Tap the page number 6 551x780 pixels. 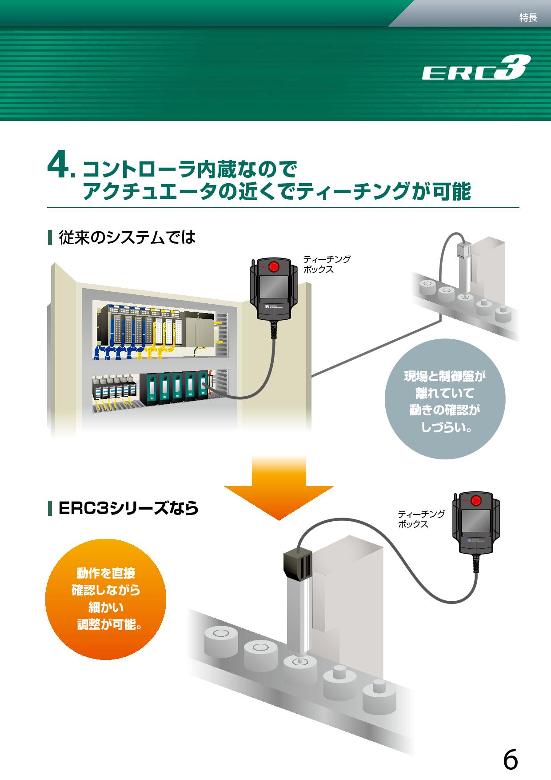511,748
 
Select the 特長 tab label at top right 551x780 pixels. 528,18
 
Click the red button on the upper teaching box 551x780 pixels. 274,267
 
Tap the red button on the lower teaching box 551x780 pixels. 476,501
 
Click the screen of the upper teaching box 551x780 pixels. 274,287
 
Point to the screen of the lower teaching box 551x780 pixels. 476,521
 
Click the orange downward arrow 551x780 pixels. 279,487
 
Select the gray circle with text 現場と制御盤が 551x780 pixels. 445,399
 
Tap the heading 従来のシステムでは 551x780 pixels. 127,237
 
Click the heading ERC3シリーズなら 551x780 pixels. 128,508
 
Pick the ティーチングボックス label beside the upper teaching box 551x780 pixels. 326,264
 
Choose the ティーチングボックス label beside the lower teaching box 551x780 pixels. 421,519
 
